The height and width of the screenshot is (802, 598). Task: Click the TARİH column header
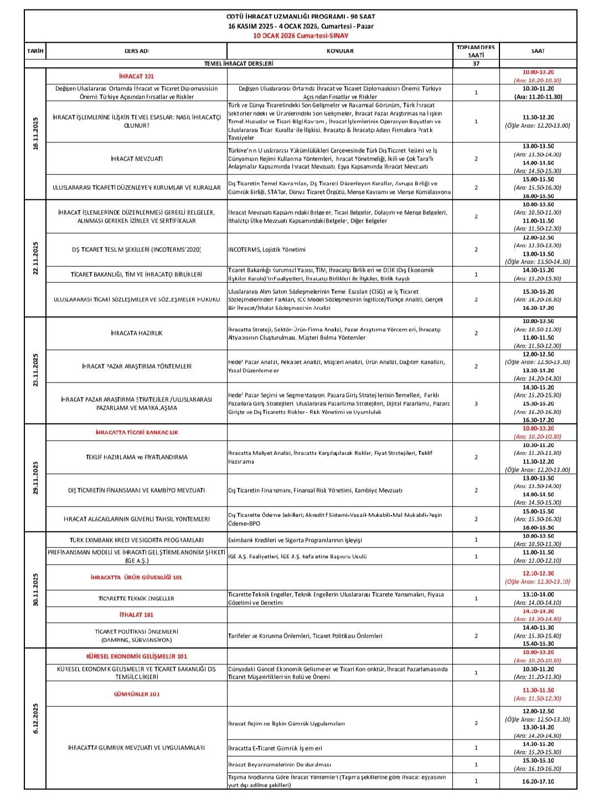(x=35, y=51)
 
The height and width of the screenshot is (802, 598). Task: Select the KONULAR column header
(x=340, y=51)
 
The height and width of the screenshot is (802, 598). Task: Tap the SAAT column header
(x=537, y=51)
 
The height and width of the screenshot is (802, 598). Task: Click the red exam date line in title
(x=301, y=35)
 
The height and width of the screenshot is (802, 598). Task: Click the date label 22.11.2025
(x=35, y=258)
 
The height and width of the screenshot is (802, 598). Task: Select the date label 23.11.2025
(x=35, y=370)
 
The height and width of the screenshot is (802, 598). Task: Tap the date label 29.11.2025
(x=35, y=478)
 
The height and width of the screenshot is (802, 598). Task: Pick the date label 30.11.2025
(x=35, y=590)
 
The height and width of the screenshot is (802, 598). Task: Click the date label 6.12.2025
(x=35, y=718)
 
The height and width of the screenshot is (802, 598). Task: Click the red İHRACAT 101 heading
(x=136, y=76)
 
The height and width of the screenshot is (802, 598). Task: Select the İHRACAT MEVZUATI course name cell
(x=136, y=159)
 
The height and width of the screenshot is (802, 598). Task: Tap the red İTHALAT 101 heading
(x=136, y=615)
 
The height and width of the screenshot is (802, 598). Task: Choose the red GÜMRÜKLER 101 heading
(x=136, y=694)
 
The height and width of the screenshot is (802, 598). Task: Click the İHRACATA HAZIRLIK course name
(x=136, y=333)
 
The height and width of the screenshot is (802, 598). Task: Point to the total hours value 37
(x=476, y=64)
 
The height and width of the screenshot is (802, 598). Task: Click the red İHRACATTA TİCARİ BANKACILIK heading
(x=136, y=432)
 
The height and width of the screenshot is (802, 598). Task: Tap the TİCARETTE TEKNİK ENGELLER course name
(x=136, y=598)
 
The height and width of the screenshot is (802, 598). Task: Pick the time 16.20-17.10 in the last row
(x=537, y=781)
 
